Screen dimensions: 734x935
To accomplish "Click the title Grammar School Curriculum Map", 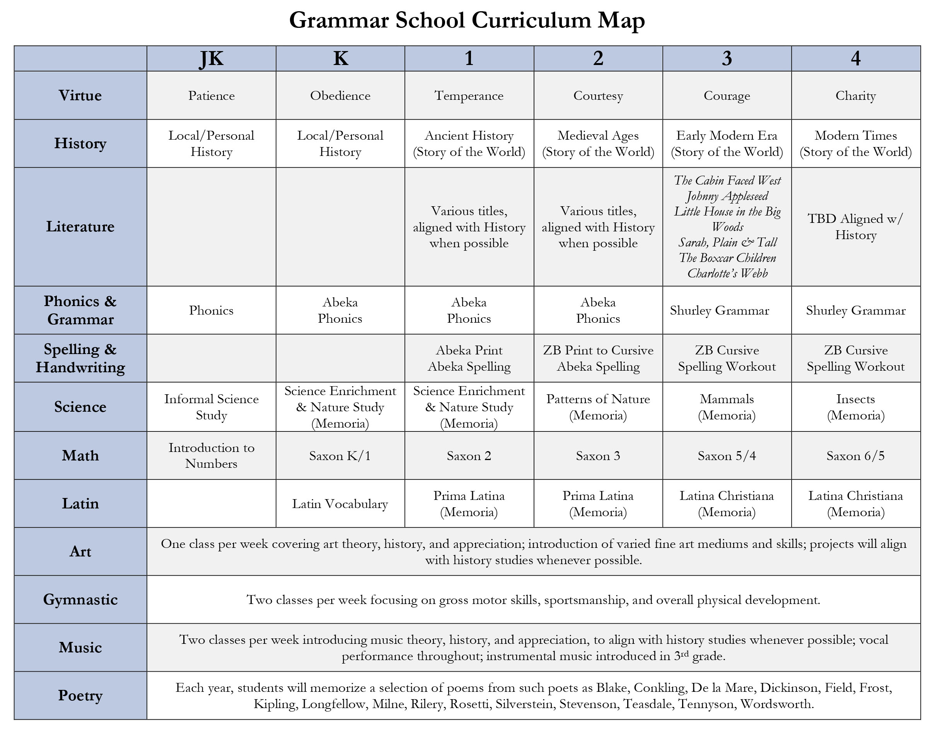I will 467,21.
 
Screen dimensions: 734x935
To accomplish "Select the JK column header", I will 211,58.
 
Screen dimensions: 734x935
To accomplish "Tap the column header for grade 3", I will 727,58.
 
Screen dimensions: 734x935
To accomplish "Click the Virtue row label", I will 80,96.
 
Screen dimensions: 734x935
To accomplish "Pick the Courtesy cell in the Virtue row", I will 598,96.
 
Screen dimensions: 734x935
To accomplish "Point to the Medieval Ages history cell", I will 598,144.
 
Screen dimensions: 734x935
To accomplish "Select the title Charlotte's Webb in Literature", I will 727,273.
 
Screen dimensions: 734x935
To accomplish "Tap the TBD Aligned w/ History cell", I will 856,227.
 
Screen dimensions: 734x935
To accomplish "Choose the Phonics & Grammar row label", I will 80,310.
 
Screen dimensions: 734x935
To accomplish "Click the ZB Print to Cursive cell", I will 598,351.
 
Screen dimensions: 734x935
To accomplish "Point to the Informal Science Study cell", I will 211,407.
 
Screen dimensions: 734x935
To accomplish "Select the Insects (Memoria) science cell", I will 856,407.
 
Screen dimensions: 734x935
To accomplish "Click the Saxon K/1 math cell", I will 340,456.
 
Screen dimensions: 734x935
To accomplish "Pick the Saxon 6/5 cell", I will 856,456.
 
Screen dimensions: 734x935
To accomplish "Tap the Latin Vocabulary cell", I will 340,504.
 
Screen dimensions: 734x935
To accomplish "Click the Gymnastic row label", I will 80,599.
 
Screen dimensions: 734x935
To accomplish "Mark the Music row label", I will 80,648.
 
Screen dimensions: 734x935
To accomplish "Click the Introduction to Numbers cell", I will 211,456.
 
